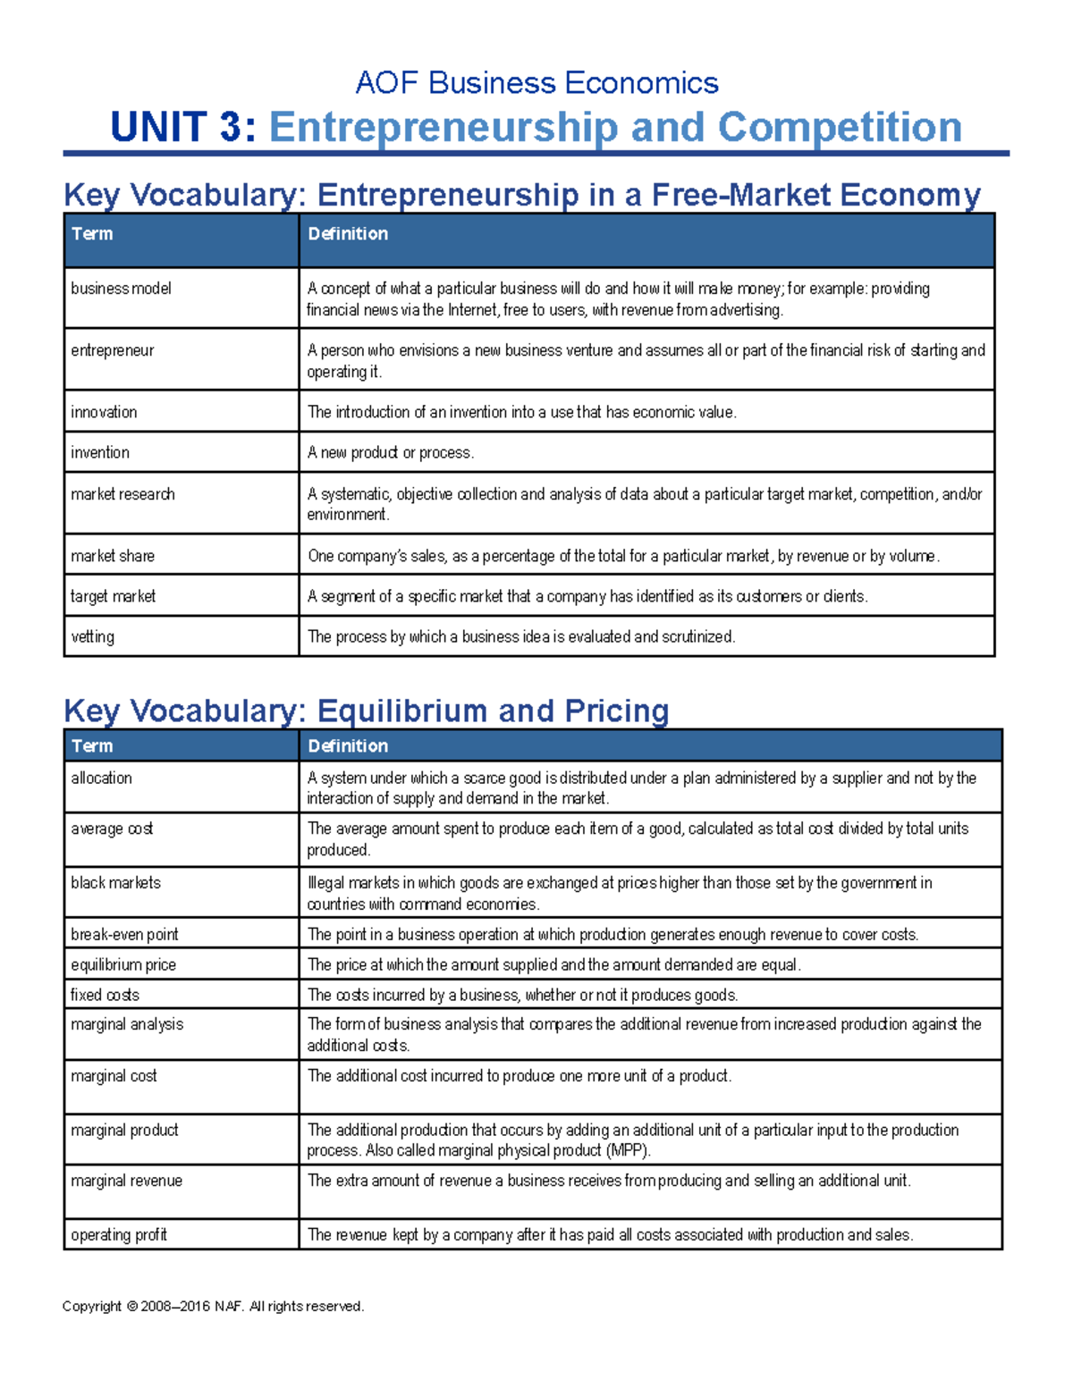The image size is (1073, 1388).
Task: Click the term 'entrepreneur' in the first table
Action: coord(113,350)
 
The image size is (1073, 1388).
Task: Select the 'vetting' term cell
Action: coord(93,636)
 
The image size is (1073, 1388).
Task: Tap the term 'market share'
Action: coord(113,556)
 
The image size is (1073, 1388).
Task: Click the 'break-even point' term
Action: coord(124,934)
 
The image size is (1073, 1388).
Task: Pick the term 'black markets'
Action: coord(116,883)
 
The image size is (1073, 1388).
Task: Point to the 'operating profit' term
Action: coord(119,1234)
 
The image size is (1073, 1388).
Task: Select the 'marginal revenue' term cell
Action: coord(127,1181)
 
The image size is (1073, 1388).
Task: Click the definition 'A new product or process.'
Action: coord(391,452)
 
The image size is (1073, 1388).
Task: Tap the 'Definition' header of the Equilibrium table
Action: coord(348,745)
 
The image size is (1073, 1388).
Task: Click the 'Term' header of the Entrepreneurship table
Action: coord(92,233)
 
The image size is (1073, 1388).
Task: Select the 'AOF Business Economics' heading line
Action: coord(536,83)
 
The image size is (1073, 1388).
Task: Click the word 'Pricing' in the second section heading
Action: coord(617,711)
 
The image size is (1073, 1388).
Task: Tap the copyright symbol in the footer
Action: coord(132,1307)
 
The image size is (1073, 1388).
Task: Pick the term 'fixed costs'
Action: coord(106,995)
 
